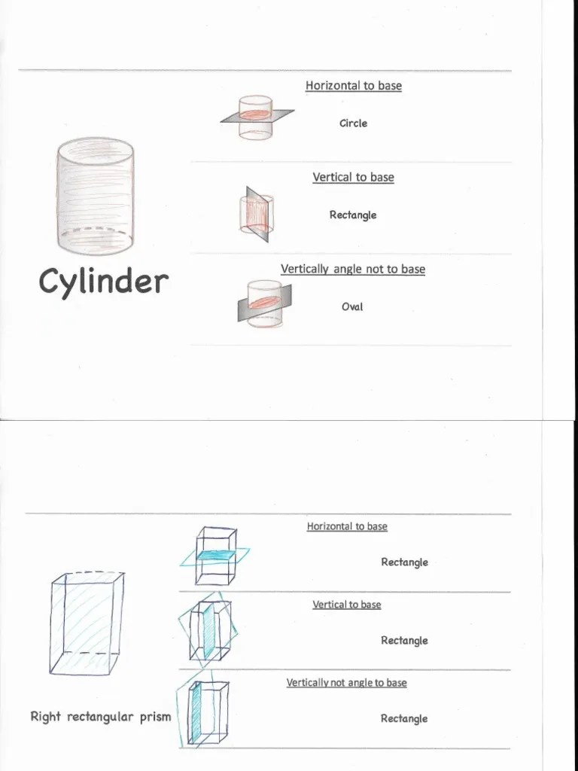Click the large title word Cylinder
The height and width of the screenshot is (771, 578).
pos(104,282)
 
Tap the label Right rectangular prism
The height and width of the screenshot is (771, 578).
pos(101,717)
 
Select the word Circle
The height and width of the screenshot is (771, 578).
pos(354,123)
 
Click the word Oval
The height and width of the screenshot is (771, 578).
pos(352,307)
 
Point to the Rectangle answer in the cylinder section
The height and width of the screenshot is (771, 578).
pos(353,215)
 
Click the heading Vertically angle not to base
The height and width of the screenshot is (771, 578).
pos(353,269)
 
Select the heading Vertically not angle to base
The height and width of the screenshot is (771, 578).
pos(346,682)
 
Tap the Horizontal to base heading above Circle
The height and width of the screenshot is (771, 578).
pos(354,86)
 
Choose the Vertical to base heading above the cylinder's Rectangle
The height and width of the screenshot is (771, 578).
pos(354,177)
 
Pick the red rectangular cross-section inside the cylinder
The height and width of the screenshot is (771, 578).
pos(256,215)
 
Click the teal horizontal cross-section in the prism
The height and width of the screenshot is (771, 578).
pos(217,555)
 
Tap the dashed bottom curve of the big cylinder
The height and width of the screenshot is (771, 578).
pos(95,230)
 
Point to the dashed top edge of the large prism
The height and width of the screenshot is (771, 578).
pos(95,572)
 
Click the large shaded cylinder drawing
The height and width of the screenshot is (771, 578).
pos(95,197)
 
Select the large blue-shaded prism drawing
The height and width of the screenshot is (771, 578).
pos(87,623)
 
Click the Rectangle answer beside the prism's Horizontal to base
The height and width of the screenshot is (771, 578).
pos(404,562)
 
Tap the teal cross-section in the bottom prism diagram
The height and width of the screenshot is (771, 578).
pos(196,714)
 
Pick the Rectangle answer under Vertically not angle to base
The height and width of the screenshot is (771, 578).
pos(404,718)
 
